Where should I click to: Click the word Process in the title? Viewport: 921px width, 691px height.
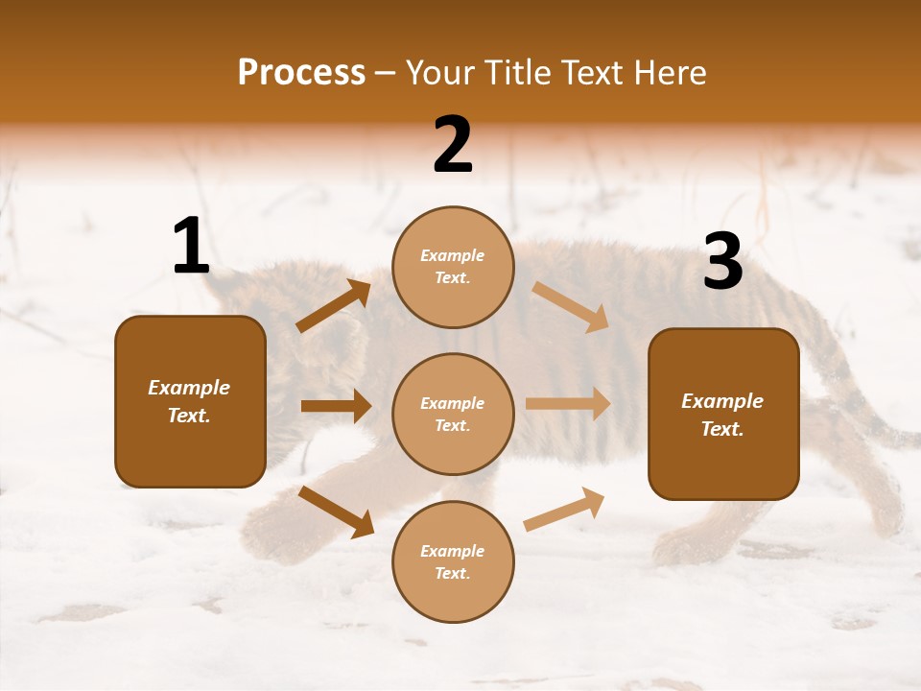tap(301, 73)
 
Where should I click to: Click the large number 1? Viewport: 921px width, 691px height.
tap(191, 247)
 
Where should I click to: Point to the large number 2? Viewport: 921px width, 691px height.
tap(453, 145)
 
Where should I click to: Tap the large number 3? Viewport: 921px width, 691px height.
tap(722, 262)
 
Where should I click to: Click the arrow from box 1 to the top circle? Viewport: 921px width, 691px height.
tap(334, 306)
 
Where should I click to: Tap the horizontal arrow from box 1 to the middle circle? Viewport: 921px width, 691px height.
tap(336, 406)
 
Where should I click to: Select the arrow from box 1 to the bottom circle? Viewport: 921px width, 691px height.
tap(336, 511)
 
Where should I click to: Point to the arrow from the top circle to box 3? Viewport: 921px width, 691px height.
tap(571, 307)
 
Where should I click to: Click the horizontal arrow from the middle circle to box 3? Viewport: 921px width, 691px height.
tap(568, 404)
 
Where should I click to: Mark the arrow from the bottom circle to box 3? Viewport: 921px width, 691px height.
tap(564, 509)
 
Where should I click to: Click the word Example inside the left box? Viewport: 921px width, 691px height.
tap(189, 388)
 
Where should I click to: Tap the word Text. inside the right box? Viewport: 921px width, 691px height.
tap(722, 429)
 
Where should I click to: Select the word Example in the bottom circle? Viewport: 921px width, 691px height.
tap(453, 551)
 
